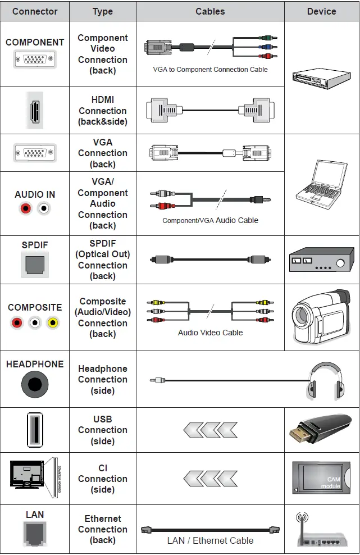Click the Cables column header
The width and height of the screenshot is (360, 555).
pos(210,11)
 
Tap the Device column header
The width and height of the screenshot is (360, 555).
pos(321,11)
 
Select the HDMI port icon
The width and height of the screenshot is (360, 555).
pos(35,110)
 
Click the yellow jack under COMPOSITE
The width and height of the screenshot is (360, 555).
pos(53,323)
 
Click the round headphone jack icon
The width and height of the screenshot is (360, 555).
pos(35,386)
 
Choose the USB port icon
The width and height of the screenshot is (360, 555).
pos(35,430)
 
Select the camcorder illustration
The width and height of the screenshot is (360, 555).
pos(322,317)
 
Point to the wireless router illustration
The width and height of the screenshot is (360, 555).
pos(322,531)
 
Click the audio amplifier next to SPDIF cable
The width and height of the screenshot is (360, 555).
pos(321,260)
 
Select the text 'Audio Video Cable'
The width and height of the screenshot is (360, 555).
pos(210,333)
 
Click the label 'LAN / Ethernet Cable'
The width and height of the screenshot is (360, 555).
pos(210,540)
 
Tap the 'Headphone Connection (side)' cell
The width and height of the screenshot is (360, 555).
pos(102,379)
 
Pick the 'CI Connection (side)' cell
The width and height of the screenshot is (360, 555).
pos(102,479)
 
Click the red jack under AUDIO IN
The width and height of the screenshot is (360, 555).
pos(25,209)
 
